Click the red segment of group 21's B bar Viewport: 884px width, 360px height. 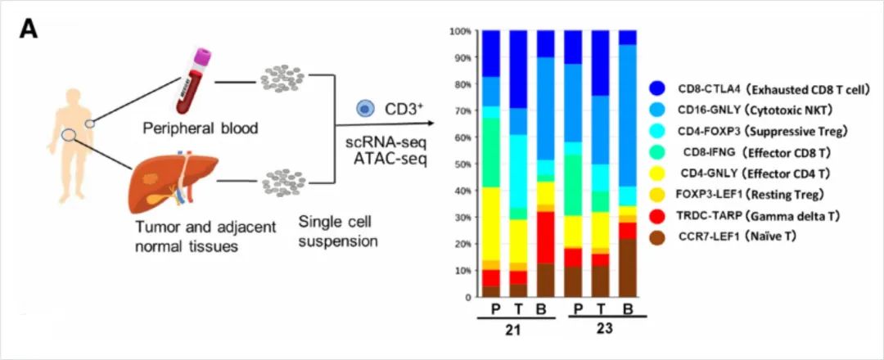coord(545,237)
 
